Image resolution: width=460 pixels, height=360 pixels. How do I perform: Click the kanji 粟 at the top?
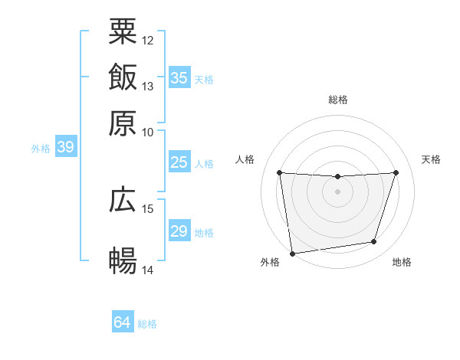[123, 31]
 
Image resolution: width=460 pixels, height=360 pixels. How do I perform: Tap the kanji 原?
[123, 123]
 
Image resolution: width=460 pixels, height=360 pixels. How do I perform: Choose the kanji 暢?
[123, 261]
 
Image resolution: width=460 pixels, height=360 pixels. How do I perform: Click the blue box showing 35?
[179, 78]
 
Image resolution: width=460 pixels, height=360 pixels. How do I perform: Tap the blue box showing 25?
[179, 162]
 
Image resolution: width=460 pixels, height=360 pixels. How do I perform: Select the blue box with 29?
[179, 231]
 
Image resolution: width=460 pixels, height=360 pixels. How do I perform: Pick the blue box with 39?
[65, 148]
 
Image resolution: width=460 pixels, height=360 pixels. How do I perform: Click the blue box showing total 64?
[123, 322]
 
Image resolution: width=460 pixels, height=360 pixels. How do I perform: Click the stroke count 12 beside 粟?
[148, 40]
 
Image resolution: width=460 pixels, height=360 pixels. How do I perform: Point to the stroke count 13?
[148, 86]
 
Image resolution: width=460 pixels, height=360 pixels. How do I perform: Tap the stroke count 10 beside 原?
[148, 132]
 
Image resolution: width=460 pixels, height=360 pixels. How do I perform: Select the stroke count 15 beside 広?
[148, 208]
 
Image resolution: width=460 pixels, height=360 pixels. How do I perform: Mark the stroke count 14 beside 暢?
[148, 270]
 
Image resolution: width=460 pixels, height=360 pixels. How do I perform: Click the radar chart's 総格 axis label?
[337, 100]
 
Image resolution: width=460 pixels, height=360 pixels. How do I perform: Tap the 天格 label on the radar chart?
[431, 159]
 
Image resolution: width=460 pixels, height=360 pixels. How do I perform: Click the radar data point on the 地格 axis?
[374, 242]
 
